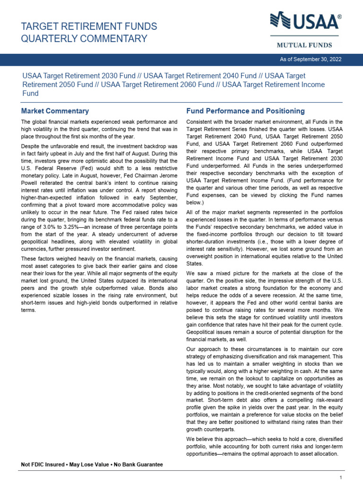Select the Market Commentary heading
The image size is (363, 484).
(55, 111)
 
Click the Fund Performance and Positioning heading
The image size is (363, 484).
(245, 111)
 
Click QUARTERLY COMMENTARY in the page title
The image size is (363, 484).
(85, 39)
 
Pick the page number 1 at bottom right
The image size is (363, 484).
(340, 478)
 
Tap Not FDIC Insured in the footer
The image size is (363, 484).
(43, 465)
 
